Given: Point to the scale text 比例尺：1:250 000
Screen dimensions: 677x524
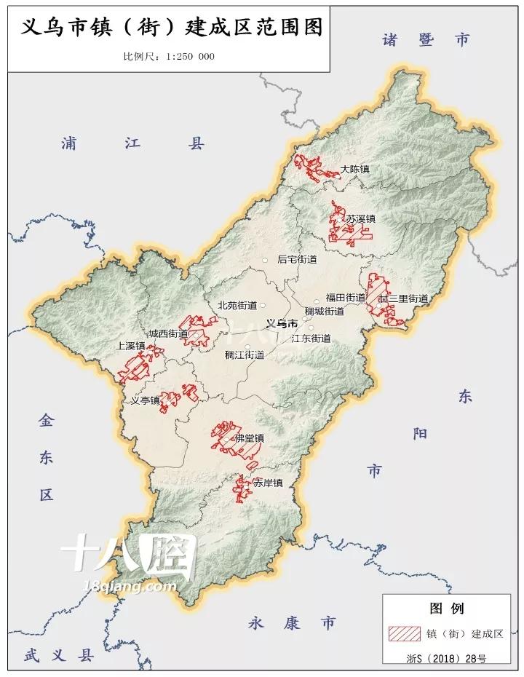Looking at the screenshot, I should [169, 58].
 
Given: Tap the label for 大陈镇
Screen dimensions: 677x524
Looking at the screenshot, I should [354, 170].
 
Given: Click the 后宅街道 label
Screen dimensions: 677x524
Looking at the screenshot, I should [297, 259].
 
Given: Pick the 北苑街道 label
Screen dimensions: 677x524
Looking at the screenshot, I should [237, 306].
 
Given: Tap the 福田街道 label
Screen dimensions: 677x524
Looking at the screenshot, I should [345, 298].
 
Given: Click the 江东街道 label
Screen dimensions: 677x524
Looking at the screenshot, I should [311, 338].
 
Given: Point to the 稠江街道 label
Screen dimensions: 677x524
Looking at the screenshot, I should [244, 355].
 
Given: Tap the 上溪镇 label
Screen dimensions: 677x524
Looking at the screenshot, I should [131, 347].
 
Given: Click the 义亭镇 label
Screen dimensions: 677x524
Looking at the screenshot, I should [145, 400].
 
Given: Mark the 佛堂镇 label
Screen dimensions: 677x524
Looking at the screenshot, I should [249, 439].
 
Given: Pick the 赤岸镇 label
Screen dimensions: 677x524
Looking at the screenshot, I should [267, 483].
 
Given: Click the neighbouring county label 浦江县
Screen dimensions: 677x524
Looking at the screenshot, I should [133, 144].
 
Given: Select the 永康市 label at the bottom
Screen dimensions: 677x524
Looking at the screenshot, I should [292, 623].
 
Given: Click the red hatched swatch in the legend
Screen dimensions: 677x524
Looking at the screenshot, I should [404, 633].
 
